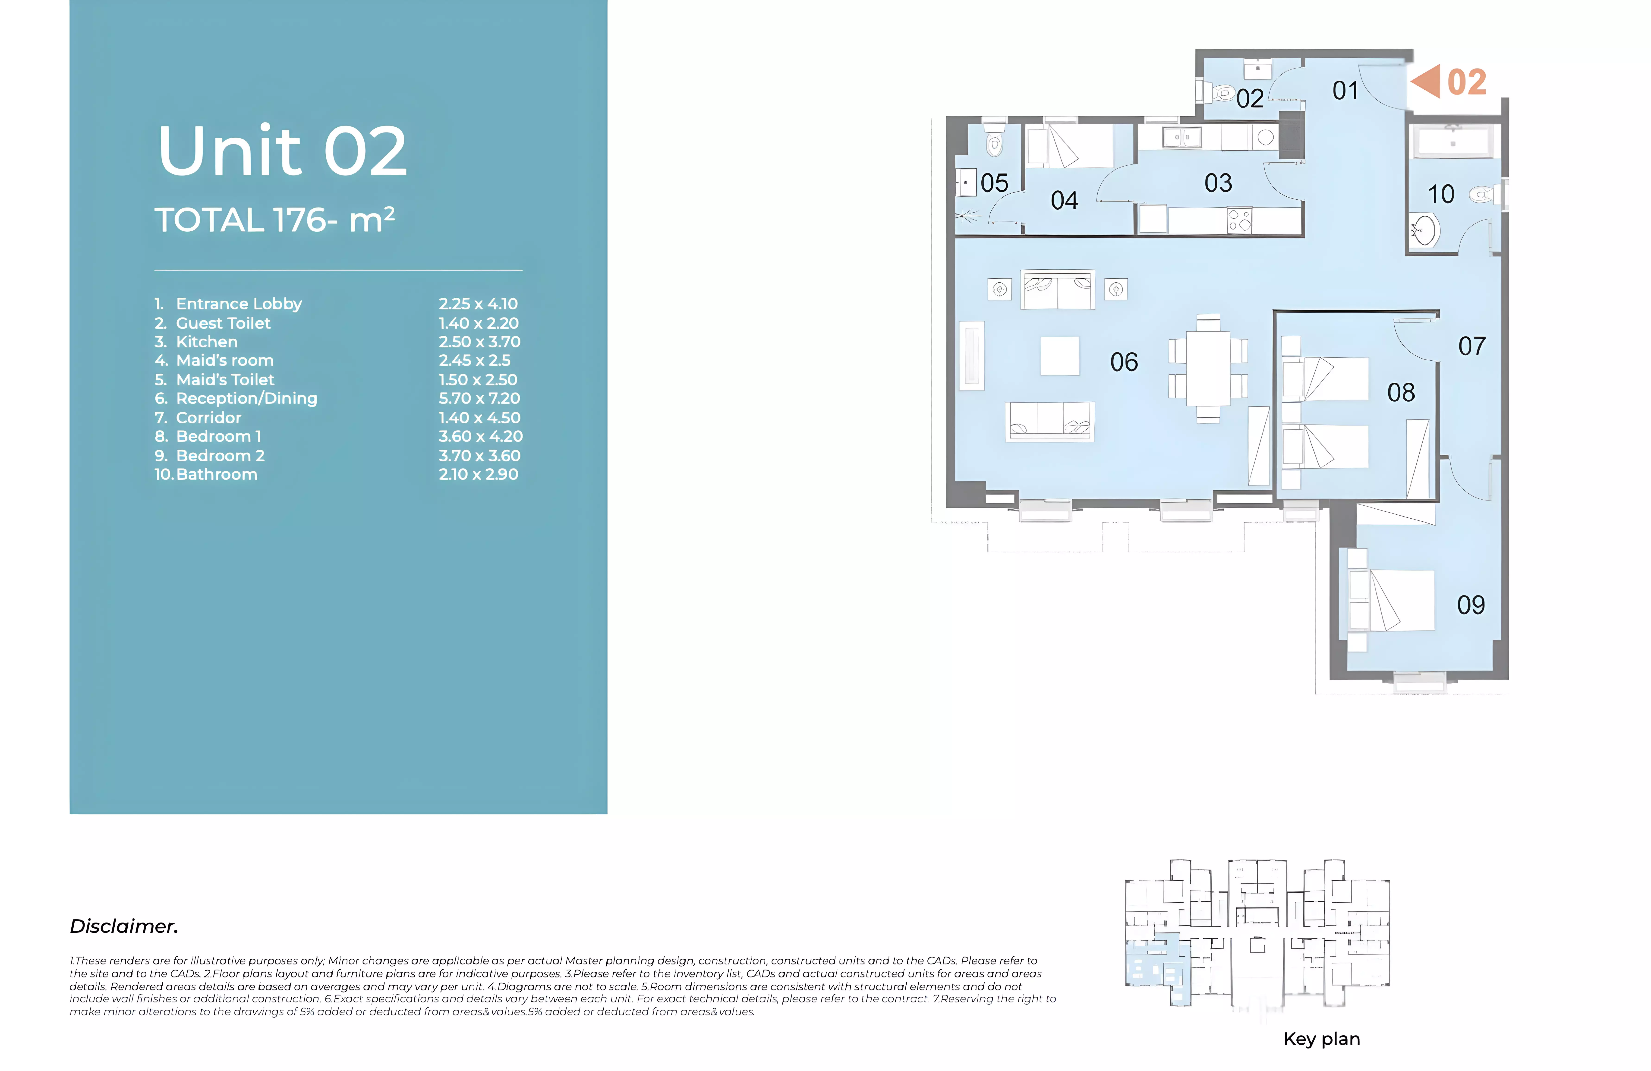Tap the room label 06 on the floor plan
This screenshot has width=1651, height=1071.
1124,362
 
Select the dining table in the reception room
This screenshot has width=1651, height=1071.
1208,368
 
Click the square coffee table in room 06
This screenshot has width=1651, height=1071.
1059,356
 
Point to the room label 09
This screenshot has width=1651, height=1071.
1471,605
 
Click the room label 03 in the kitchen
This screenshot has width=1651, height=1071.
1218,183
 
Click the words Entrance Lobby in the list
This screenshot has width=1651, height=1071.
239,304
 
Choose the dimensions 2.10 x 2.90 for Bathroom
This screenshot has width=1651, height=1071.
478,474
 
